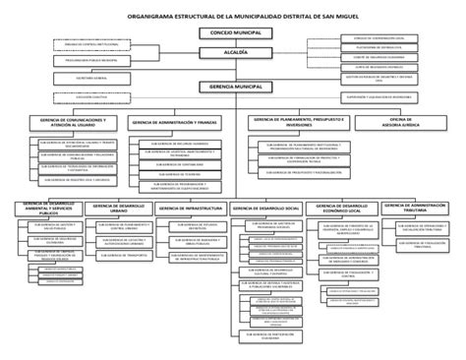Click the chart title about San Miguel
tap(233, 17)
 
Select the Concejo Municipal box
tap(227, 32)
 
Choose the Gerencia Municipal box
tap(227, 88)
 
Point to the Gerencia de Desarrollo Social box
tap(266, 208)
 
